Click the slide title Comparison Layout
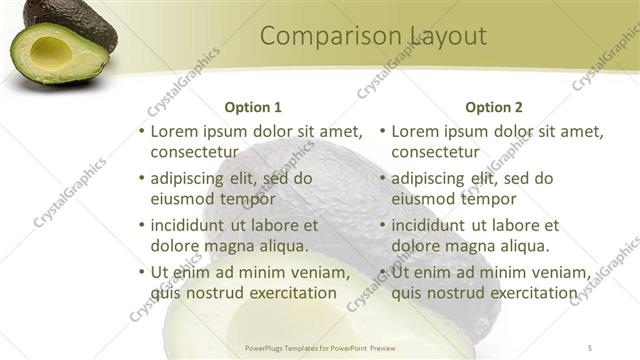point(373,37)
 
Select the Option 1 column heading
point(253,107)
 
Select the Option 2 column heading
point(494,107)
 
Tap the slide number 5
point(591,348)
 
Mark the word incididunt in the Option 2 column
point(434,225)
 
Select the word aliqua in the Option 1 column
point(282,246)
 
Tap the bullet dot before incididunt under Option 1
point(141,225)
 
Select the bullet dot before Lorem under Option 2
point(382,131)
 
